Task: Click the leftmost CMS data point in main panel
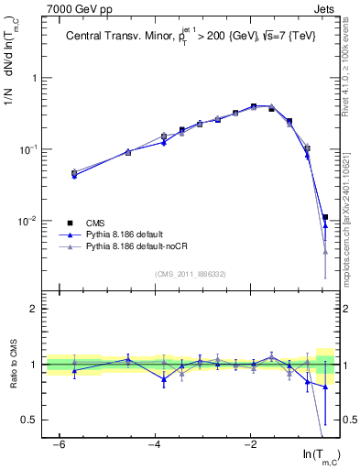click(x=74, y=172)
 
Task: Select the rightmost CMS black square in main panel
click(x=325, y=217)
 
